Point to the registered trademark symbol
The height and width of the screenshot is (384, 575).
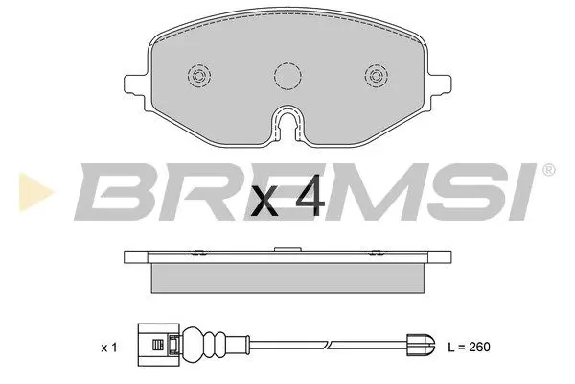(547, 171)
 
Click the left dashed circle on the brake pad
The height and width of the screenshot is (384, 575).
(200, 78)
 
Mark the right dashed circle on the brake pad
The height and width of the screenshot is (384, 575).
(375, 78)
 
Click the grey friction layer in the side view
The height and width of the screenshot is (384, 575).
(287, 277)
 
